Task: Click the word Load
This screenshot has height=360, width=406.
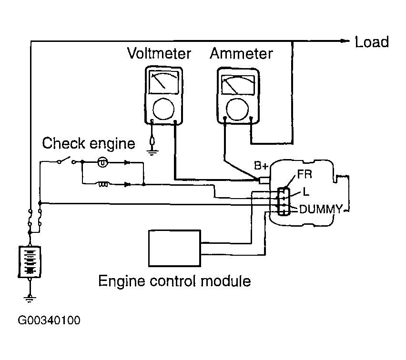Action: point(372,42)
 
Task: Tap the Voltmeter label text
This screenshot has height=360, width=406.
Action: point(159,54)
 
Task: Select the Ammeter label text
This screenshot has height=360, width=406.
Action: point(241,54)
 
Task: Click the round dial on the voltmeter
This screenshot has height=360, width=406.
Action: point(163,109)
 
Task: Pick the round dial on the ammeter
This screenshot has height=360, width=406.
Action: point(237,109)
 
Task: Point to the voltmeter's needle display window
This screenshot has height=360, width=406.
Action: point(164,82)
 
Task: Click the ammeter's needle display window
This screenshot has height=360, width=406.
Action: point(238,85)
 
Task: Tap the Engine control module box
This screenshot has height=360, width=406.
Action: point(175,248)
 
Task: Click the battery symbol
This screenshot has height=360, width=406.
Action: point(30,261)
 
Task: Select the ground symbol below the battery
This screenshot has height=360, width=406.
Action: point(30,299)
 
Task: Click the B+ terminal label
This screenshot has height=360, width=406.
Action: point(261,166)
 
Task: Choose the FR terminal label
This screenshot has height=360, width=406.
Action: point(305,174)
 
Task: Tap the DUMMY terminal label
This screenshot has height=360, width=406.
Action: point(321,209)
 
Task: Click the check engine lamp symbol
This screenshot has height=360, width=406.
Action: point(102,162)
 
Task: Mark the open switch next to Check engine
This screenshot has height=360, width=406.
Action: point(67,160)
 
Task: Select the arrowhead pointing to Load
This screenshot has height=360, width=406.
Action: point(345,40)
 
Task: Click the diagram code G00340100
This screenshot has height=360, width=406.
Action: point(49,320)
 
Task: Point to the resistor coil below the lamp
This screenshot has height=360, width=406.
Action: point(103,184)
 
